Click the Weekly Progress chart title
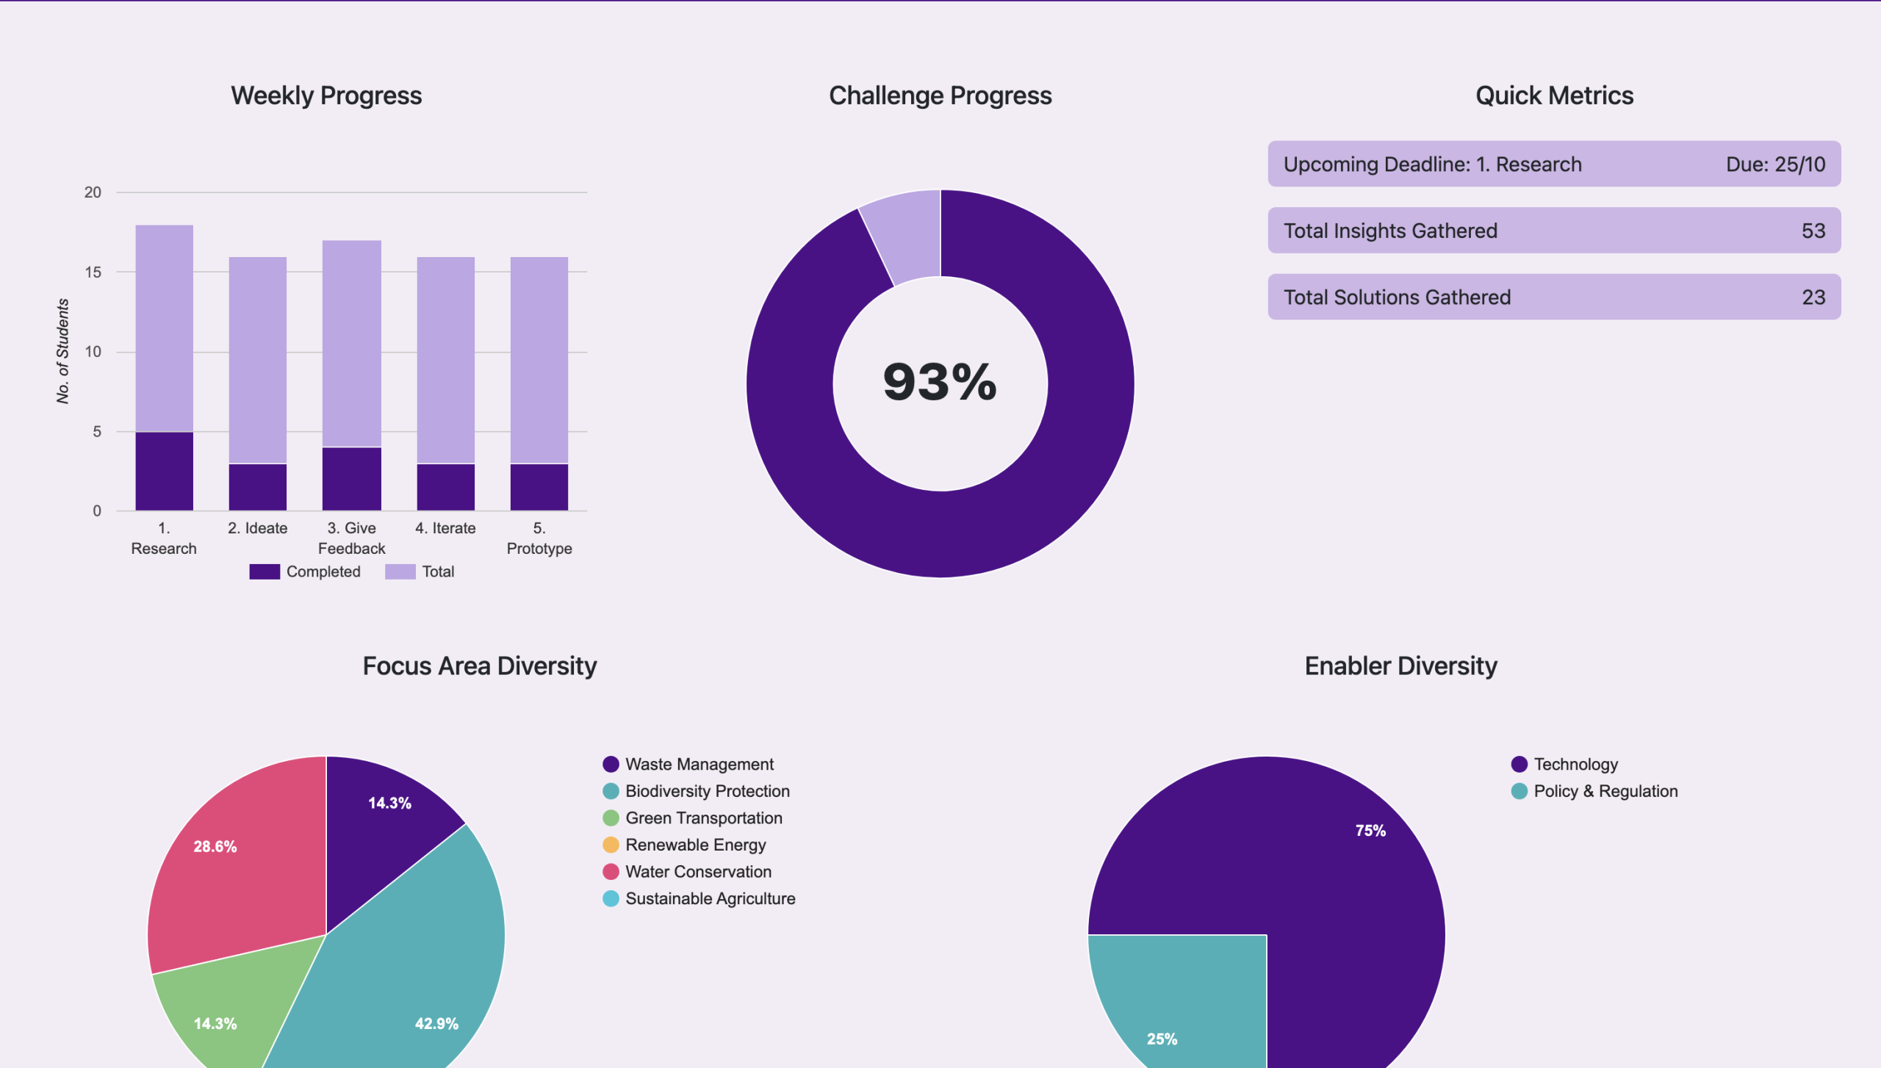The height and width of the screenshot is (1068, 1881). pos(326,95)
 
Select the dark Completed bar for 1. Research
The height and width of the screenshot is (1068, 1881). pos(164,471)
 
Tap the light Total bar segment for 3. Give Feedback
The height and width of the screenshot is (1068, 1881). pos(351,343)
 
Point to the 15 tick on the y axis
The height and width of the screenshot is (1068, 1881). pos(93,273)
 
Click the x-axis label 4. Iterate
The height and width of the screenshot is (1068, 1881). pos(445,528)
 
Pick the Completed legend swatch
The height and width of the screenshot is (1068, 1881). pos(264,571)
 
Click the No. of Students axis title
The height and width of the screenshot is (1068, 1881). pos(63,351)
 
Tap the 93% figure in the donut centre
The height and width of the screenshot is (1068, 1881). pos(940,382)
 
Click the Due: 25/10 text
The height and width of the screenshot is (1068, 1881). pos(1775,165)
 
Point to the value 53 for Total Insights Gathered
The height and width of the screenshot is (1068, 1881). pos(1813,231)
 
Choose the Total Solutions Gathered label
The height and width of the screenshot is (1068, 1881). pos(1397,297)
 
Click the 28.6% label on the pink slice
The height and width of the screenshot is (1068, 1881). pos(215,846)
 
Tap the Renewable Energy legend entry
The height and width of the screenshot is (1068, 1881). pos(695,845)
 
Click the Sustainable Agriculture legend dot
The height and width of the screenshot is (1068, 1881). pos(611,898)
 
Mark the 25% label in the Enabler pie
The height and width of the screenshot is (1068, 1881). pos(1162,1039)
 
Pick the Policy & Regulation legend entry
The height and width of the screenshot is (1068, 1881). pos(1605,791)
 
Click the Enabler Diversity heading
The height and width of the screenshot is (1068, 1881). pos(1400,665)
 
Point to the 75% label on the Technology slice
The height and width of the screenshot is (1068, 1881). pos(1370,831)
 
